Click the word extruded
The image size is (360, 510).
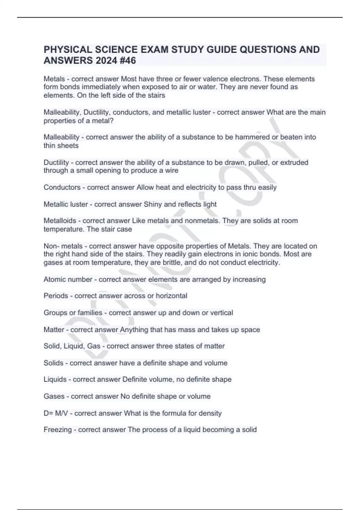294,162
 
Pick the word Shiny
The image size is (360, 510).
153,204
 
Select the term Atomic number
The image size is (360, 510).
68,279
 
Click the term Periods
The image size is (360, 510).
56,296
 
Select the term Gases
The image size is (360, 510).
54,396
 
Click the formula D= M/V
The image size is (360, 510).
56,413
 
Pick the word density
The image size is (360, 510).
210,413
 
